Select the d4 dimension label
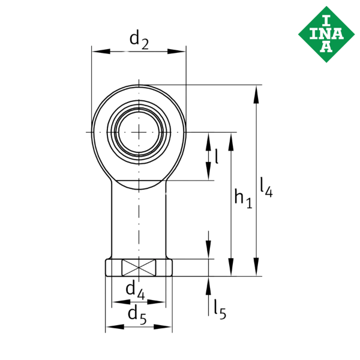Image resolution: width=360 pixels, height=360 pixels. [x=134, y=292]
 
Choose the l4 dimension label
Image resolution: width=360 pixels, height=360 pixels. [x=266, y=187]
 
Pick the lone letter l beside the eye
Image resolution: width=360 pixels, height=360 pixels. [x=216, y=157]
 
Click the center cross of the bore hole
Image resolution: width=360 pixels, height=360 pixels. [x=139, y=131]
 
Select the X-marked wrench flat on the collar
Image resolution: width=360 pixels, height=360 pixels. [x=139, y=268]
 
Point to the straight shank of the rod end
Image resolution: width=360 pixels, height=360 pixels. [x=139, y=222]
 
